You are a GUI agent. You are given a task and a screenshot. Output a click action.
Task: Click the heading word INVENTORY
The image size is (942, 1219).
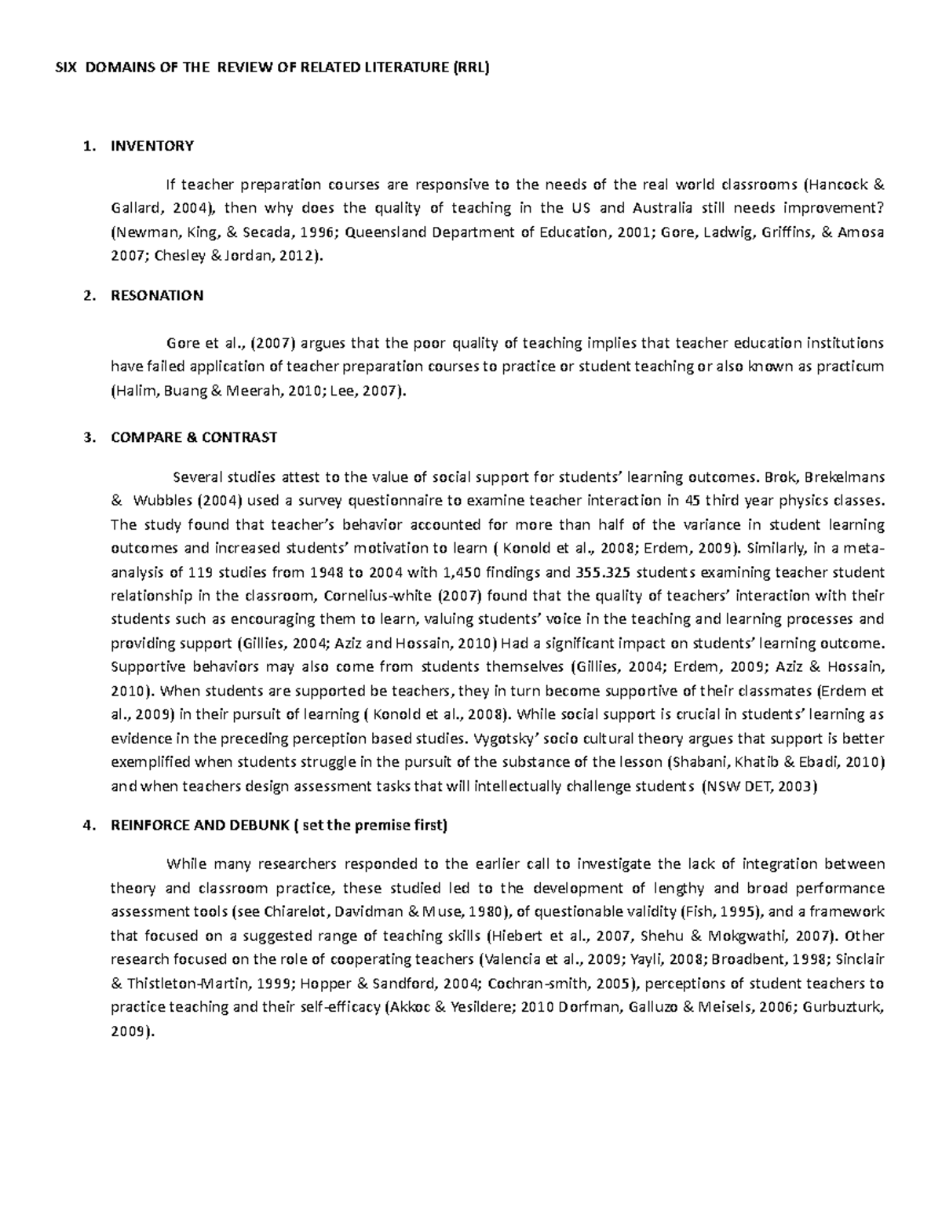pos(152,146)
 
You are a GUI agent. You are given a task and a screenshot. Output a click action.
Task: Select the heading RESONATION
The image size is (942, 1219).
pos(157,296)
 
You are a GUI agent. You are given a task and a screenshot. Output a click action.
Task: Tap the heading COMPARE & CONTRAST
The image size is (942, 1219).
pos(194,437)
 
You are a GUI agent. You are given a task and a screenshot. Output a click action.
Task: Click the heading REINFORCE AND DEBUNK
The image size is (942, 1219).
pos(200,825)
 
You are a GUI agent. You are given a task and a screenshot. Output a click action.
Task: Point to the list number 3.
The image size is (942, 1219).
pos(89,437)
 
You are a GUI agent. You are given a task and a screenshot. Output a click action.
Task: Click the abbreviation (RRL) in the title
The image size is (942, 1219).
pos(471,68)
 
